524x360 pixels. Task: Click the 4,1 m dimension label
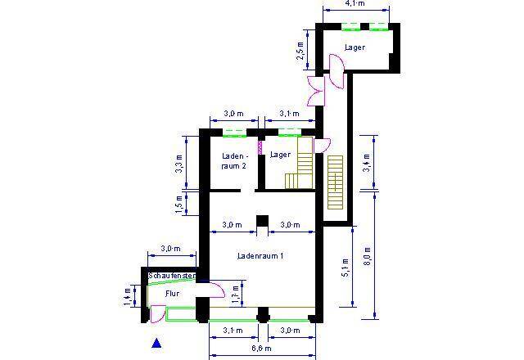(355, 4)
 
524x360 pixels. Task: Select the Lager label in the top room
(354, 47)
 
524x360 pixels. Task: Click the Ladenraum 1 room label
(260, 256)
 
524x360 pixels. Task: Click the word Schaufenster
(171, 277)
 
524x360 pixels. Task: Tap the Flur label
(172, 292)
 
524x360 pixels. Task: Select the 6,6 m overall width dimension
(261, 349)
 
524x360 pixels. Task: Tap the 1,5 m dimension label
(180, 204)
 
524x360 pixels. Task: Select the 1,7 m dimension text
(237, 292)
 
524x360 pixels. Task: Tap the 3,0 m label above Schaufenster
(169, 249)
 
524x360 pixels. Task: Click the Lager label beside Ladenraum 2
(281, 154)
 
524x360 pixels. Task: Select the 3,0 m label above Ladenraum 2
(233, 113)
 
